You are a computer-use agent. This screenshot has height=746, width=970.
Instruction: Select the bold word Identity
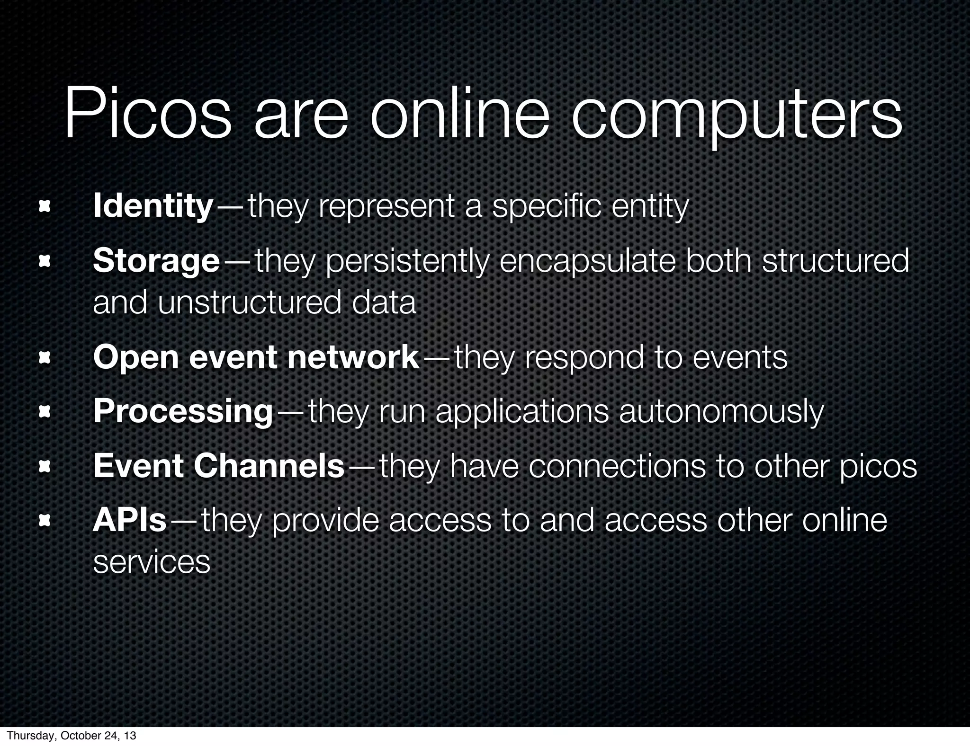pos(153,207)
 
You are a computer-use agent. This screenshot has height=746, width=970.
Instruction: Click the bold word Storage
pos(156,262)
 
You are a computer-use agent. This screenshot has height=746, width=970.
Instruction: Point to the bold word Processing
pos(183,412)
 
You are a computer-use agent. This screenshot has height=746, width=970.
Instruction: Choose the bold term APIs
pos(130,520)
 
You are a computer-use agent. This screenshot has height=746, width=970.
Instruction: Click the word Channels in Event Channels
pos(269,466)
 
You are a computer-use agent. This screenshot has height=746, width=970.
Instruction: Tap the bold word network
pos(353,357)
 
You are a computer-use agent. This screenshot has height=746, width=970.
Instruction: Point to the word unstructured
pos(250,303)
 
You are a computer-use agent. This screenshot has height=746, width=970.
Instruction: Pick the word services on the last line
pos(152,562)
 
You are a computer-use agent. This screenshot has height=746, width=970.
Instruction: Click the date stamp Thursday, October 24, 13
pos(72,736)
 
